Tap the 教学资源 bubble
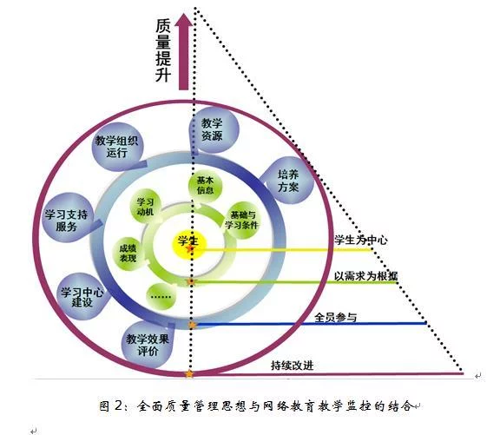pyautogui.click(x=214, y=131)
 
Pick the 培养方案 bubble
pyautogui.click(x=287, y=181)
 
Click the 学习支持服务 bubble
pyautogui.click(x=66, y=218)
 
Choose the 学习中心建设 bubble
pyautogui.click(x=82, y=297)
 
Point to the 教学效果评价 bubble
pyautogui.click(x=148, y=345)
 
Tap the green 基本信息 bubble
pyautogui.click(x=205, y=186)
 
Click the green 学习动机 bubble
pyautogui.click(x=146, y=207)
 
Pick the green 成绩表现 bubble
pyautogui.click(x=128, y=254)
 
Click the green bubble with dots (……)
pyautogui.click(x=161, y=297)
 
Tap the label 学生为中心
pyautogui.click(x=360, y=240)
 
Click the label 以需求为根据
pyautogui.click(x=365, y=276)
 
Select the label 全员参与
pyautogui.click(x=335, y=317)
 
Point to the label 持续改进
pyautogui.click(x=292, y=366)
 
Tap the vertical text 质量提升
pyautogui.click(x=163, y=50)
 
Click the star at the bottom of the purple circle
pyautogui.click(x=189, y=373)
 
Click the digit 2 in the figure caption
pyautogui.click(x=118, y=405)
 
